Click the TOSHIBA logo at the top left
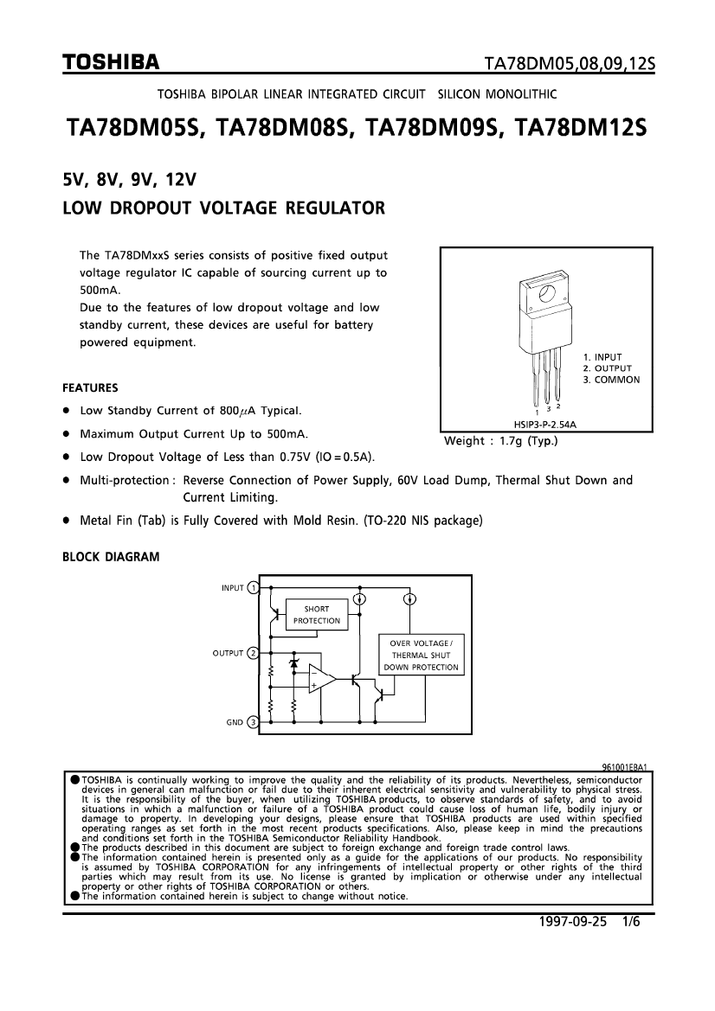pyautogui.click(x=110, y=62)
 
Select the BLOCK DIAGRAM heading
pyautogui.click(x=111, y=557)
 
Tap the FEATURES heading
pyautogui.click(x=90, y=388)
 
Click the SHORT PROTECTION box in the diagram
pyautogui.click(x=316, y=614)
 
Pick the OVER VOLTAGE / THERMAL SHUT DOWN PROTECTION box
pyautogui.click(x=422, y=655)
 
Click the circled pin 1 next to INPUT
pyautogui.click(x=253, y=588)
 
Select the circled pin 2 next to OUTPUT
pyautogui.click(x=253, y=653)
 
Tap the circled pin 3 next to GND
pyautogui.click(x=253, y=722)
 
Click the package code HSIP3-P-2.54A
pyautogui.click(x=545, y=425)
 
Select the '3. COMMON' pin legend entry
pyautogui.click(x=612, y=380)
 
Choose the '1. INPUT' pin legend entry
pyautogui.click(x=602, y=357)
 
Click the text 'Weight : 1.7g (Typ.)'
pyautogui.click(x=500, y=441)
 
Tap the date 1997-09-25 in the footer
pyautogui.click(x=573, y=922)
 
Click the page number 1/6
pyautogui.click(x=630, y=922)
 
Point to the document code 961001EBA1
pyautogui.click(x=625, y=767)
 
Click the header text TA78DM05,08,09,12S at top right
pyautogui.click(x=570, y=63)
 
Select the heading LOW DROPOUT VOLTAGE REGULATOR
pyautogui.click(x=224, y=208)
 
